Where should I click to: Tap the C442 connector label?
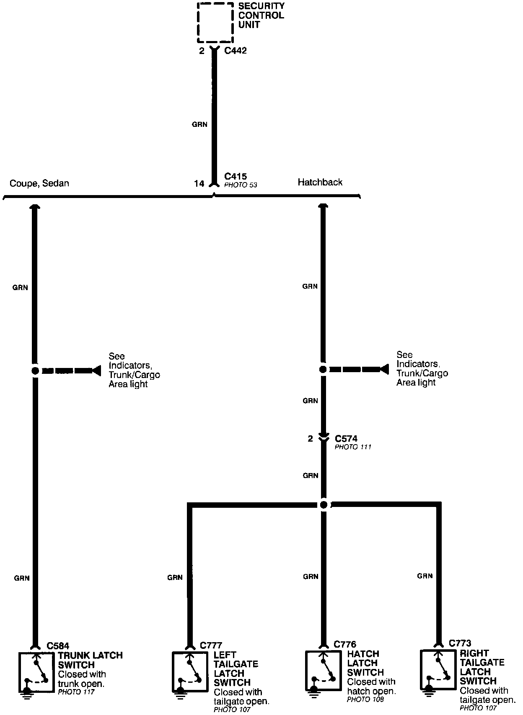click(x=236, y=50)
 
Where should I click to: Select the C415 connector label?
click(x=236, y=176)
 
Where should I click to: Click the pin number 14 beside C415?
click(x=199, y=183)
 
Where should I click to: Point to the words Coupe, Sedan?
click(x=39, y=183)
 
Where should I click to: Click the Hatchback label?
click(x=320, y=182)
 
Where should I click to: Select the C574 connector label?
click(x=346, y=439)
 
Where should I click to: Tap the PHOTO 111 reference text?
click(x=353, y=447)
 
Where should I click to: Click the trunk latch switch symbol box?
click(x=36, y=672)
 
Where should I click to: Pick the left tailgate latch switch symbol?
click(x=189, y=671)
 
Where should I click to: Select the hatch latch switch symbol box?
click(x=323, y=671)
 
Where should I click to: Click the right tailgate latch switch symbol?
click(x=438, y=670)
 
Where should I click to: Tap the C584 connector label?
click(x=58, y=646)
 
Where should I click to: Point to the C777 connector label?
click(x=211, y=645)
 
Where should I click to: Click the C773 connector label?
click(x=460, y=643)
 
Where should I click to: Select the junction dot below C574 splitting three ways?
click(x=324, y=505)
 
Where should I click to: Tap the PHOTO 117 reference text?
click(x=76, y=692)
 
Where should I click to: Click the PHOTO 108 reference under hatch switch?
click(x=365, y=700)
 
